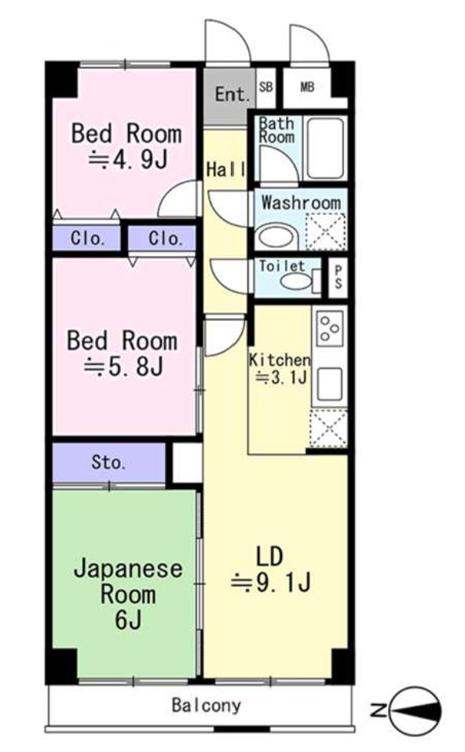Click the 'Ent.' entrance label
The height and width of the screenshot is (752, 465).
233,96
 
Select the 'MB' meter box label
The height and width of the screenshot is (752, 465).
307,87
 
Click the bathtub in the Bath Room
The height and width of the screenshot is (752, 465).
324,147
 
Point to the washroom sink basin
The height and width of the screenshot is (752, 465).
274,235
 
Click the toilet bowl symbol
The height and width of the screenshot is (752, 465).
297,281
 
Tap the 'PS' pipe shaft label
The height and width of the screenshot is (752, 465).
338,277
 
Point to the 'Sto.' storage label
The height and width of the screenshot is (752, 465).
108,462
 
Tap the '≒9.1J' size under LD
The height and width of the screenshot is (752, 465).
271,582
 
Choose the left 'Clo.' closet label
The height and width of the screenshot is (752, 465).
87,239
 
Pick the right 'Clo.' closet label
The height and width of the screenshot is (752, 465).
163,239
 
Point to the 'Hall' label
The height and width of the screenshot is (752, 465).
226,170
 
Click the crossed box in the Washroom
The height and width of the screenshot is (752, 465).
325,233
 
